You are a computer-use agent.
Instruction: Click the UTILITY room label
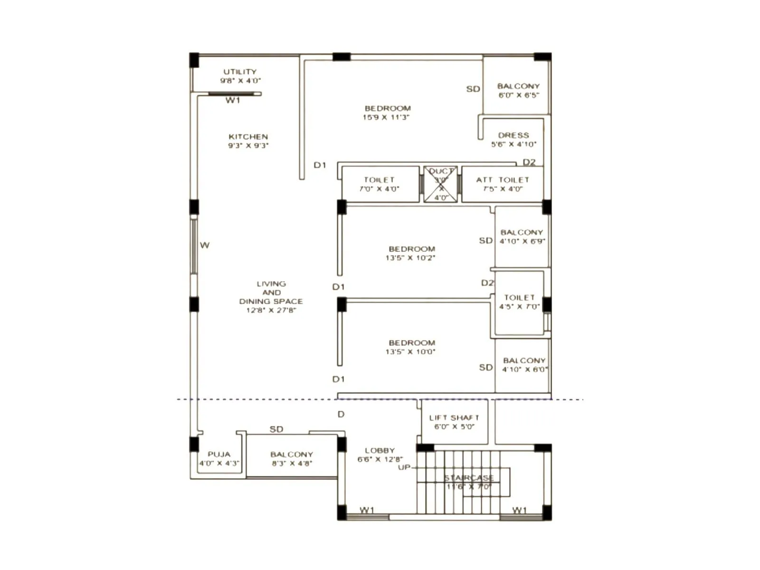tap(240, 72)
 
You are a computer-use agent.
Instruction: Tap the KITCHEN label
tap(248, 137)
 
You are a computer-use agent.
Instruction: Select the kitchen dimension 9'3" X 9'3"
tap(248, 146)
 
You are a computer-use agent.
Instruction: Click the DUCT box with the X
tap(441, 184)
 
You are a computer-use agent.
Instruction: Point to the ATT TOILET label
tap(503, 180)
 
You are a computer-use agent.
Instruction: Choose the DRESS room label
tap(513, 135)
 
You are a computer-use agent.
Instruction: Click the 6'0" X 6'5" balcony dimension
tap(518, 95)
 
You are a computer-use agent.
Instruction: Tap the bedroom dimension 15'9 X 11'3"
tap(386, 117)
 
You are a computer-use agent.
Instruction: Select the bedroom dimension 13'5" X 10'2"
tap(410, 258)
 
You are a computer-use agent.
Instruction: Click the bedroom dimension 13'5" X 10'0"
tap(410, 352)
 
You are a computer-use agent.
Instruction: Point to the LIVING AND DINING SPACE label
tap(271, 293)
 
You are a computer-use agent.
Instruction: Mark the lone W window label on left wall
tap(205, 246)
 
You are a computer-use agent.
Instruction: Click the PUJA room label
tap(218, 455)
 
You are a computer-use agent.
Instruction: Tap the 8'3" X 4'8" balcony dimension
tap(292, 464)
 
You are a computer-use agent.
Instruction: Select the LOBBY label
tap(380, 450)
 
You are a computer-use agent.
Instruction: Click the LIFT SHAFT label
tap(454, 418)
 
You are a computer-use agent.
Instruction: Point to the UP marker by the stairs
tap(404, 467)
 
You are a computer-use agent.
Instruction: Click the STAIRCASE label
tap(469, 478)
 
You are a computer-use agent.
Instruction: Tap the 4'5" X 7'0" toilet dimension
tap(519, 307)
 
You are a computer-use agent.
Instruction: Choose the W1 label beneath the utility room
tap(233, 101)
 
